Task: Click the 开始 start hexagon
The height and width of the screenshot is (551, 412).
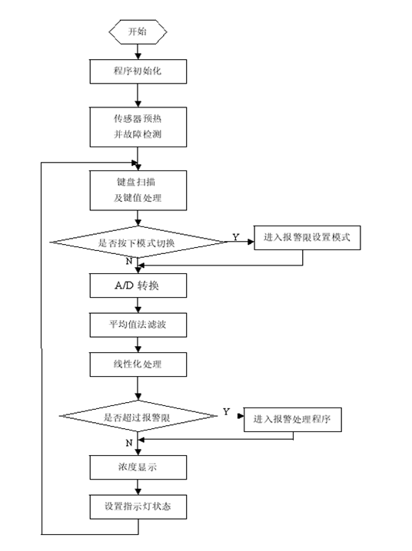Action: tap(138, 31)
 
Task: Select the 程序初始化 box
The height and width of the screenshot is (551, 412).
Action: tap(138, 71)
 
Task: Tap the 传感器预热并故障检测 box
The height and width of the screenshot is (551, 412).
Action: tap(138, 127)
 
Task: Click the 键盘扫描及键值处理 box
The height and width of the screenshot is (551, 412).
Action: tap(138, 190)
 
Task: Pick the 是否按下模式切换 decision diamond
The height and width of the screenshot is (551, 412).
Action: tap(138, 242)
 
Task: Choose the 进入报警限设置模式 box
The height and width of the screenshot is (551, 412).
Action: tap(307, 238)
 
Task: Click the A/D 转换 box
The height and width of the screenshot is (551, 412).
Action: tap(138, 285)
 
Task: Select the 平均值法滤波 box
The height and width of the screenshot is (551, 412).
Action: tap(138, 325)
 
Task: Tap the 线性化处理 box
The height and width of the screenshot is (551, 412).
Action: tap(138, 365)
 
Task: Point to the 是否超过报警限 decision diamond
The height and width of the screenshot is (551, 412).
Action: tap(138, 416)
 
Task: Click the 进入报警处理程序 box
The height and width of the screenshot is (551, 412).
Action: tap(293, 420)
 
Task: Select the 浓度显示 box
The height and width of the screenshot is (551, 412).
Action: tap(138, 467)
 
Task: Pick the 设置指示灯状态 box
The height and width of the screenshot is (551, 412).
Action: tap(138, 506)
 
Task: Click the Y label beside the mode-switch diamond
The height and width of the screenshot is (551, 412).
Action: tap(236, 237)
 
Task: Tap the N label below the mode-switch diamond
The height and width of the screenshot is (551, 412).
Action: tap(129, 261)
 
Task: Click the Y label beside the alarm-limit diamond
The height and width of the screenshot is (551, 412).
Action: tap(226, 411)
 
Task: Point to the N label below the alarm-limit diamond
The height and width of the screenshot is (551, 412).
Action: tap(129, 443)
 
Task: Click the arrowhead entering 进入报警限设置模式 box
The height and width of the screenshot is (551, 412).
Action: tap(251, 242)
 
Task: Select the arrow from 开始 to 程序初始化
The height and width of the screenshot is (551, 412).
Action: tap(138, 51)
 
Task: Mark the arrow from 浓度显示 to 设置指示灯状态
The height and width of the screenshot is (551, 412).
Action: tap(138, 487)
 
